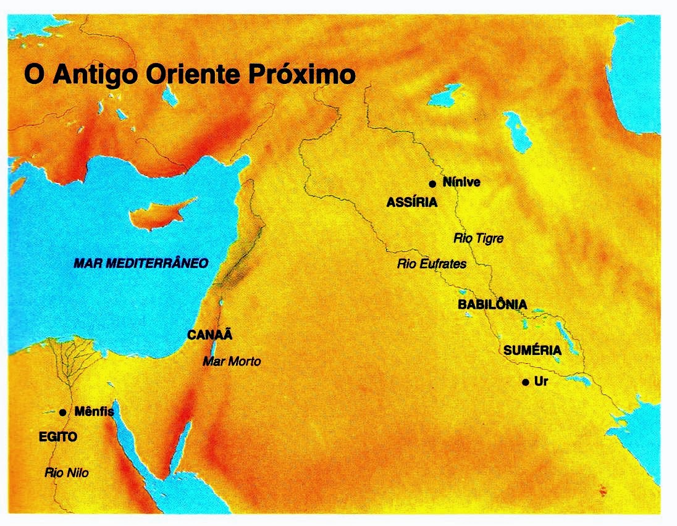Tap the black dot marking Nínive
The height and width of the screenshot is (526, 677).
point(432,184)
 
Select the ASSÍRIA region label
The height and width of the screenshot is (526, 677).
point(412,202)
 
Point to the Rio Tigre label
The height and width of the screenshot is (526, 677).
point(478,238)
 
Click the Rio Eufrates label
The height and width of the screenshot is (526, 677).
point(431,264)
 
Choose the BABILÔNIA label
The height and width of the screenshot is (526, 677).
point(492,304)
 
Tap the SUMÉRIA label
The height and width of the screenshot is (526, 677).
point(532,351)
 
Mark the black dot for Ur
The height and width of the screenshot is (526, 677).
point(524,383)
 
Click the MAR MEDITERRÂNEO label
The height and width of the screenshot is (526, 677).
point(141,263)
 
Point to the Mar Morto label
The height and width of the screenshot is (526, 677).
point(232,361)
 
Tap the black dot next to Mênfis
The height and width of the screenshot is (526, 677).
point(63,412)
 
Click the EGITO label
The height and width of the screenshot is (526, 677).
point(57,437)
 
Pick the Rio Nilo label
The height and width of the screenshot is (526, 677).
point(67,474)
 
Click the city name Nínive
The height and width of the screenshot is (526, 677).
point(461,182)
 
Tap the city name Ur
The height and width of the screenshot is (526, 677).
point(541,382)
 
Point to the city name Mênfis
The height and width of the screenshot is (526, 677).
point(94,411)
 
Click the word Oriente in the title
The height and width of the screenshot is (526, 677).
point(194,75)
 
